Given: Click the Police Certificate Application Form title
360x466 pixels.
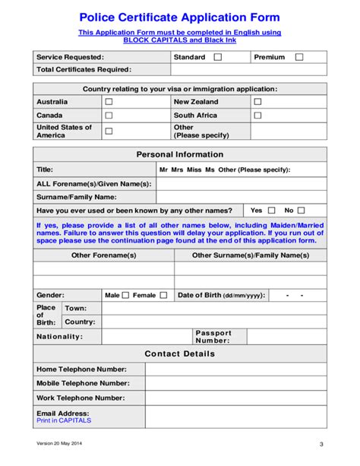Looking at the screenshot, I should tap(180, 17).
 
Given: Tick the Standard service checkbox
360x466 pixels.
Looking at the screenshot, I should tap(218, 57).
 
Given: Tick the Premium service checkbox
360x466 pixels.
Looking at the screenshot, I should tap(298, 57).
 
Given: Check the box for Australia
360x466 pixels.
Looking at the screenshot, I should tap(109, 102).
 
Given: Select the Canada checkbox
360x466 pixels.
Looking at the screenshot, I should tap(109, 116).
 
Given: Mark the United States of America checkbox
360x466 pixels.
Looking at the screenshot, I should tap(109, 132).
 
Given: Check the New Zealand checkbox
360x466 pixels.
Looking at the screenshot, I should tap(257, 102).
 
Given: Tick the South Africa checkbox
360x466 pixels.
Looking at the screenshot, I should tap(257, 116).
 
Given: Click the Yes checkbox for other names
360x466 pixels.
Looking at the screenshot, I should tap(270, 211).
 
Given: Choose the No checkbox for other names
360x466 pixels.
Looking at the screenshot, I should tap(301, 211).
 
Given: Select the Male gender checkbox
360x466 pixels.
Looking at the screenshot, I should tap(126, 295).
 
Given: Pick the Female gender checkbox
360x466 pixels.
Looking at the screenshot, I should tap(163, 295).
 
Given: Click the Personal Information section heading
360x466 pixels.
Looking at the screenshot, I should tap(180, 154).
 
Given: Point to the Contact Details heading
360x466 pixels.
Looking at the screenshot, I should tap(180, 353).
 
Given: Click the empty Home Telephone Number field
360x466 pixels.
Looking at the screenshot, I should tap(235, 369).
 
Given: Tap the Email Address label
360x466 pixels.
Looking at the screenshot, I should tap(63, 414).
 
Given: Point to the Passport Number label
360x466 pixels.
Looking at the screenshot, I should tap(213, 336).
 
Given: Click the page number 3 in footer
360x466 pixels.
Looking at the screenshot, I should tap(321, 445).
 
